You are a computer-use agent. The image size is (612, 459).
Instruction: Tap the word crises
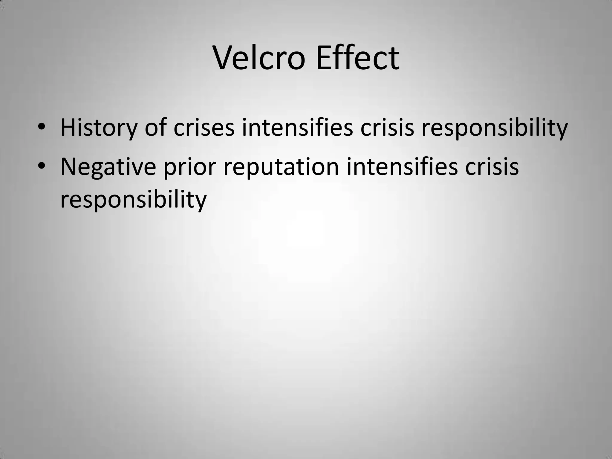204,128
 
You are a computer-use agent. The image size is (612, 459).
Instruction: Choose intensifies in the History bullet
297,128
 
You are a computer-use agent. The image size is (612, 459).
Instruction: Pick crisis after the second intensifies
492,167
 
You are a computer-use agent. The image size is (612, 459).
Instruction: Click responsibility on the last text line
133,200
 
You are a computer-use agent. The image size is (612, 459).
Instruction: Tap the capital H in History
67,128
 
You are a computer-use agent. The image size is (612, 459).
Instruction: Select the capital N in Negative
68,167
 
